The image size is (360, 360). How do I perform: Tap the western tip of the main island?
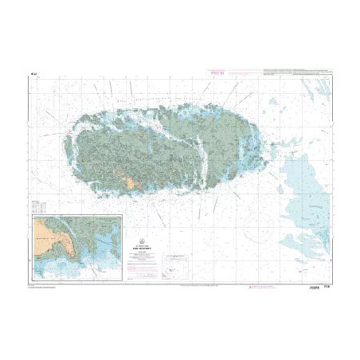click(x=74, y=135)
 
